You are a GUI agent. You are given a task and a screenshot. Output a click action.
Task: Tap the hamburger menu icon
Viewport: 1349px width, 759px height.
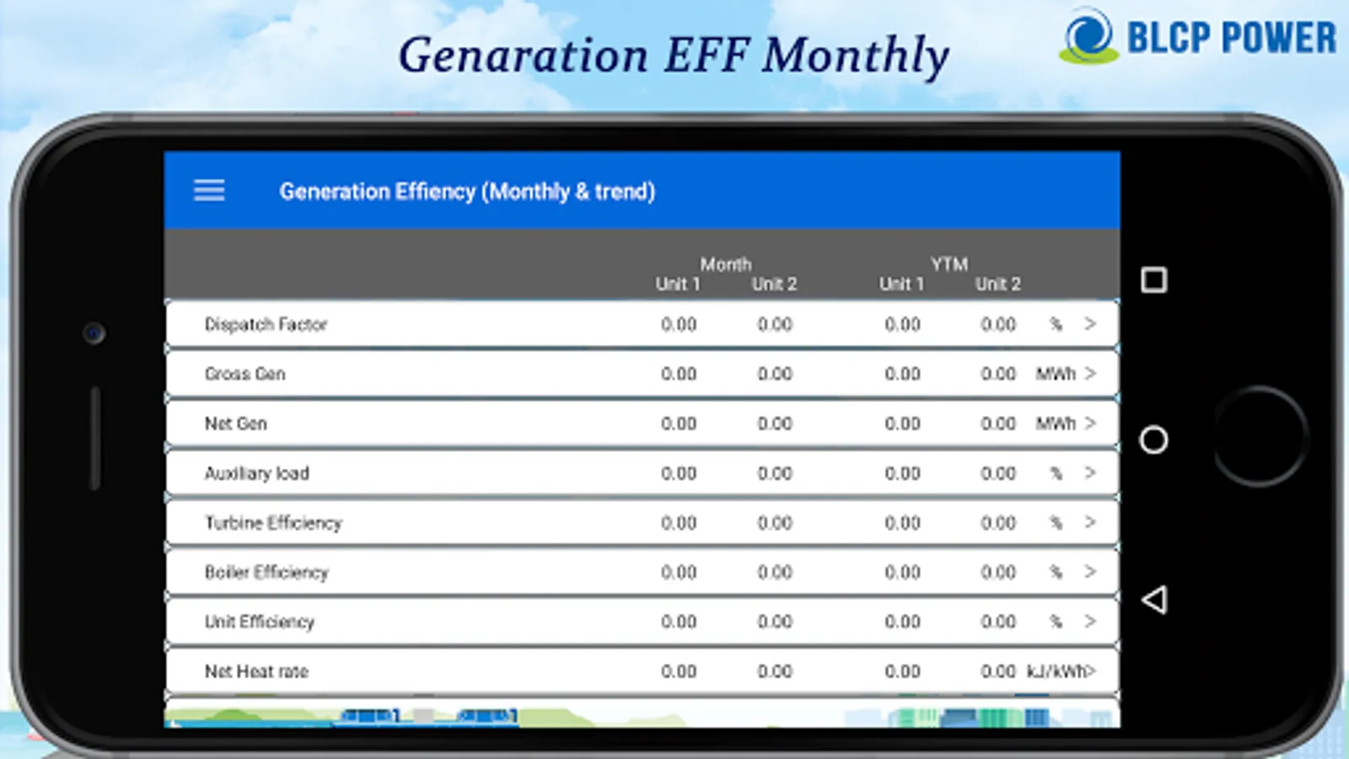point(209,191)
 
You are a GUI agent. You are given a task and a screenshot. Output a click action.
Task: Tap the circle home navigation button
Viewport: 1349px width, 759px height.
point(1153,439)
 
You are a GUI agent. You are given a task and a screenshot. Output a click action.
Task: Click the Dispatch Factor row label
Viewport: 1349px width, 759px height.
point(266,325)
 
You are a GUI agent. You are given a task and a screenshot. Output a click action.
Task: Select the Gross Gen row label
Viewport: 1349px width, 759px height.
point(245,374)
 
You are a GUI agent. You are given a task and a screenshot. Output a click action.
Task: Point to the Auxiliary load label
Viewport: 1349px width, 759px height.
point(256,473)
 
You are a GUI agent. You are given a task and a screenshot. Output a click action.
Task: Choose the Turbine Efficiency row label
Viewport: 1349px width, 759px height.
point(273,523)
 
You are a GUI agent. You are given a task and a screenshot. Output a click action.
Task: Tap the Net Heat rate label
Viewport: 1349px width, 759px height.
point(256,671)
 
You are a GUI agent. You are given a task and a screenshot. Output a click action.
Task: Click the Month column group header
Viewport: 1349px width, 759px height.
point(726,264)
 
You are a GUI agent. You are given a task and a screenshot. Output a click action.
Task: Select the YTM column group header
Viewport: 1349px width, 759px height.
point(949,264)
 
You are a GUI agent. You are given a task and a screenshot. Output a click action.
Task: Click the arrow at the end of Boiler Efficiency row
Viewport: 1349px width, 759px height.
point(1090,572)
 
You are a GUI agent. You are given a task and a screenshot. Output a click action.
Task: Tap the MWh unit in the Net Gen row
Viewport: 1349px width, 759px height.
point(1056,423)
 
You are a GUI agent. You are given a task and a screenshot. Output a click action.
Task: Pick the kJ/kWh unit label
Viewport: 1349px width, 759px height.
point(1057,671)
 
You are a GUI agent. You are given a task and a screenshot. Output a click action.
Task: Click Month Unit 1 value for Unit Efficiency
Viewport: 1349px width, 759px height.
point(679,622)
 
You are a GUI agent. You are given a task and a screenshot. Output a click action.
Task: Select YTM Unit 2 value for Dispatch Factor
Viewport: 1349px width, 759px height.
point(998,325)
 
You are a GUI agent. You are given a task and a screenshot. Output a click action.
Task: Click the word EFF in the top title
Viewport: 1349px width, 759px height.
point(707,55)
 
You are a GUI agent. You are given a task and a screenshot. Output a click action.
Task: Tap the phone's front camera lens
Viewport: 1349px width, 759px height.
point(94,333)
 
